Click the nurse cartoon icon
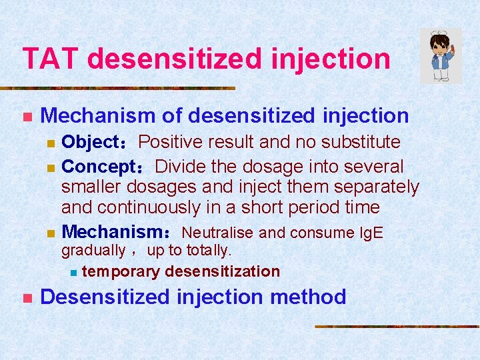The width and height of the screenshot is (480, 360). click(441, 55)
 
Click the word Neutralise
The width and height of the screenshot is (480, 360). click(218, 233)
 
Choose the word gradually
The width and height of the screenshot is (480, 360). click(93, 251)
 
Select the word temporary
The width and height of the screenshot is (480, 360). click(121, 271)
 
